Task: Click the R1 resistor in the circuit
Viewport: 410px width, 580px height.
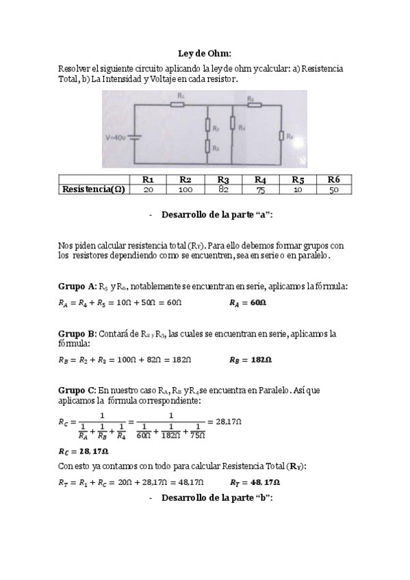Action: point(180,105)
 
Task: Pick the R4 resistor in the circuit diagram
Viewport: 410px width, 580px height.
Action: point(233,123)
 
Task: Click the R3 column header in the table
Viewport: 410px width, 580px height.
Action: point(222,179)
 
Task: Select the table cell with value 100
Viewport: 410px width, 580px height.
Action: point(185,189)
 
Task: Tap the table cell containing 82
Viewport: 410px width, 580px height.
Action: point(222,189)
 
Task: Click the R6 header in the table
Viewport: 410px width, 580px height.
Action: point(333,179)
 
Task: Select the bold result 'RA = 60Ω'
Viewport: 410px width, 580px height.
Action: point(248,302)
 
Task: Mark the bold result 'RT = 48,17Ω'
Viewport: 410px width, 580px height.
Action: point(255,482)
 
